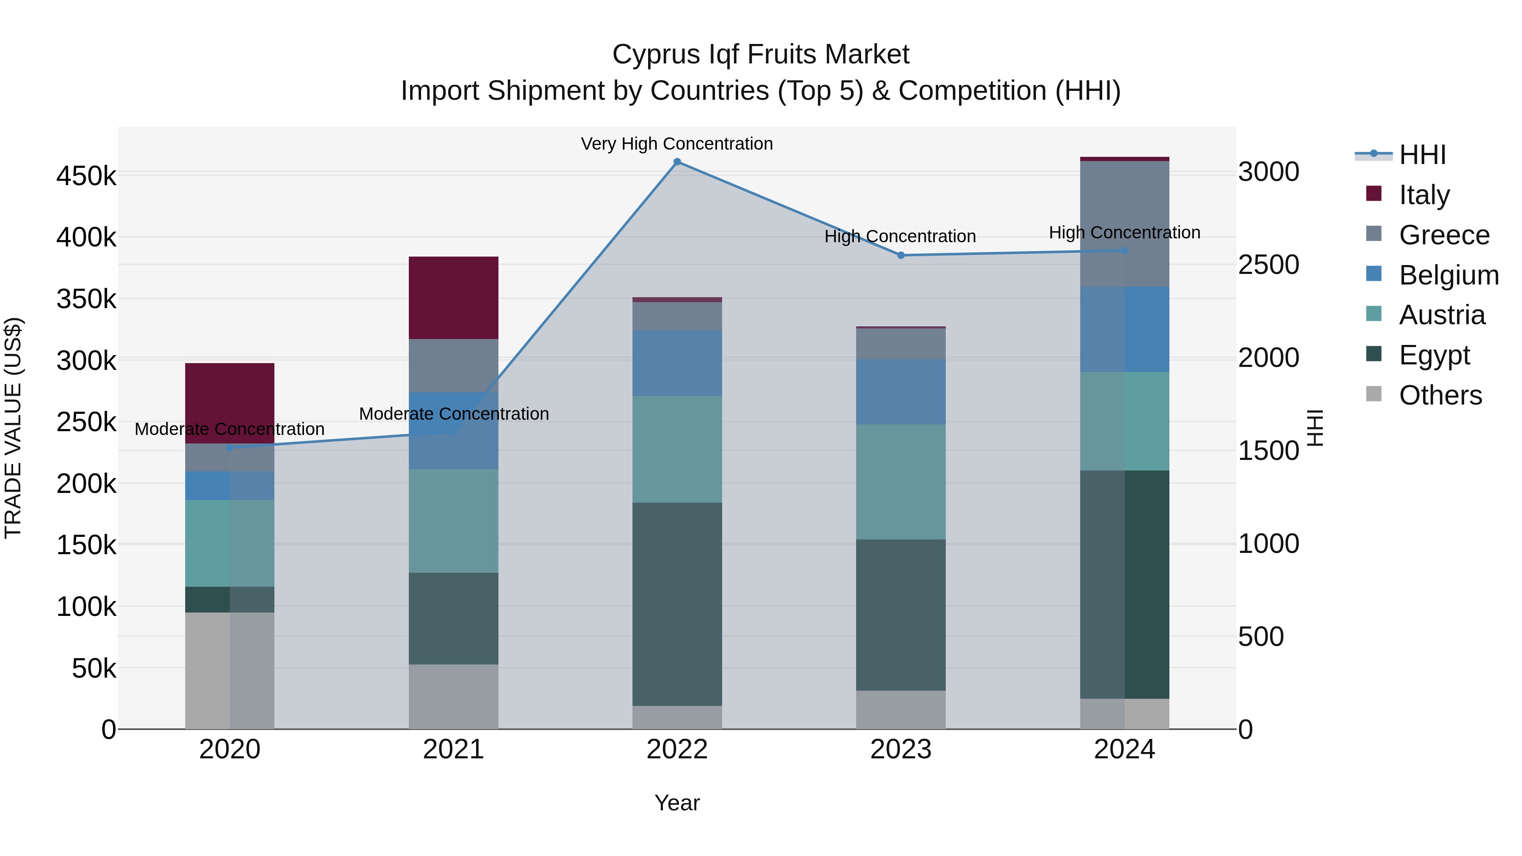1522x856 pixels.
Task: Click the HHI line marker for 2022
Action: [677, 162]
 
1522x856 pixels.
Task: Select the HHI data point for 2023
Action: [901, 255]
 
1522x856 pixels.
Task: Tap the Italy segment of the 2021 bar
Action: [453, 298]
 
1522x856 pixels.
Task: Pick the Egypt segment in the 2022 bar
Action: [677, 604]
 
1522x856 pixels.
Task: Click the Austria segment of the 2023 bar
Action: [901, 481]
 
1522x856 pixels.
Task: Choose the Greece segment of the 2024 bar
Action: [1124, 224]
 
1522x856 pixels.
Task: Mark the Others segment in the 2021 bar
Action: [453, 697]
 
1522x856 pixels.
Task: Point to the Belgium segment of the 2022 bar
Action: [677, 363]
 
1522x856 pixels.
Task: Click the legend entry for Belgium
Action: [1448, 275]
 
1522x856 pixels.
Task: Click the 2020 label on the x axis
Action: [230, 749]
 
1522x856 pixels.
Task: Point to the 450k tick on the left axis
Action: [86, 176]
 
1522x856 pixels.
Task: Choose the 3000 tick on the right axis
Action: [1268, 172]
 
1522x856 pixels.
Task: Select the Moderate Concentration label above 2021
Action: [454, 413]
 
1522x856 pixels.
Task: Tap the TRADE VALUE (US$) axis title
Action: [13, 428]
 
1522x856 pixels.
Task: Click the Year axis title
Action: [677, 803]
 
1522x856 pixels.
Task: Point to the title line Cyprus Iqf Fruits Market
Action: [761, 55]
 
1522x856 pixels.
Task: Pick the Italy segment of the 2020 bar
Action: [230, 403]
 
